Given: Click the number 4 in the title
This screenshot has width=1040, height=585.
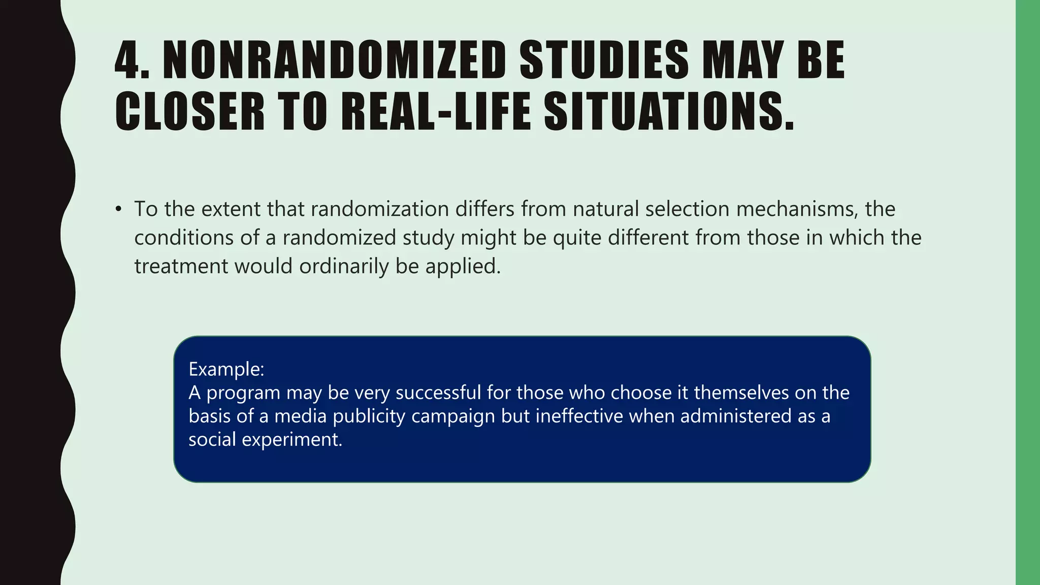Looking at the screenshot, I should coord(125,60).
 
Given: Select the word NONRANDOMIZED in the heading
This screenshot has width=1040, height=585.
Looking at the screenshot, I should coord(334,60).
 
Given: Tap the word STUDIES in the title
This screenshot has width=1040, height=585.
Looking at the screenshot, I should coord(604,60).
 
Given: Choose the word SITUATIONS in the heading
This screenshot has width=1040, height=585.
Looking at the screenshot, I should coord(669,112).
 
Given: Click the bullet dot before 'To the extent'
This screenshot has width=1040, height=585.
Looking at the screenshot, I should coord(119,209).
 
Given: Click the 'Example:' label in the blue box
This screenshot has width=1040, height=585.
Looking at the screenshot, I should coord(226,369).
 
